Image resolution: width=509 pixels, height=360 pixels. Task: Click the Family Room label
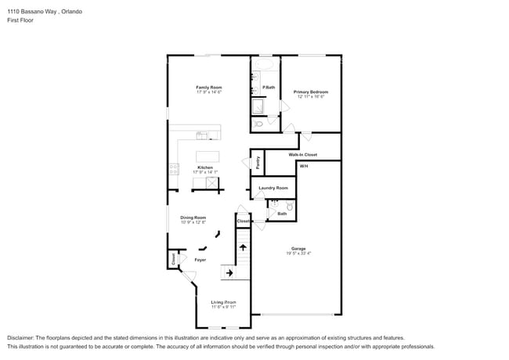coord(209,87)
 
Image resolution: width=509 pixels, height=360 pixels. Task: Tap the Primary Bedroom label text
coord(310,92)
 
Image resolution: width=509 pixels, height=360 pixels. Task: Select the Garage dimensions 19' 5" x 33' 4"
coord(298,254)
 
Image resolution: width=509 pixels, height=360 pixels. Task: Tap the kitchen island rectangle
coord(207,155)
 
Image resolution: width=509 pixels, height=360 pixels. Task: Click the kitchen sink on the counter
coord(201,135)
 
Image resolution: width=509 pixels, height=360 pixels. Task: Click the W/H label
coord(304,166)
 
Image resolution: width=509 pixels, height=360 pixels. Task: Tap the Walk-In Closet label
coord(302,155)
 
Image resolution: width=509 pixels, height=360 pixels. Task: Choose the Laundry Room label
coord(273,188)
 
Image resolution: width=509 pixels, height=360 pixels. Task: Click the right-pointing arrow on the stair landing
coord(229,273)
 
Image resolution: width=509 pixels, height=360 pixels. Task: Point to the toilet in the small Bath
coord(289,207)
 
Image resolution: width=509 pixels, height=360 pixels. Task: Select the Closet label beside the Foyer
coord(173,259)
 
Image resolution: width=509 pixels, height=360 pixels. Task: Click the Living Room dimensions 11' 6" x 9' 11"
coord(223,307)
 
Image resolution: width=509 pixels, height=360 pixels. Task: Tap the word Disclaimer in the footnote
coord(21,337)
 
